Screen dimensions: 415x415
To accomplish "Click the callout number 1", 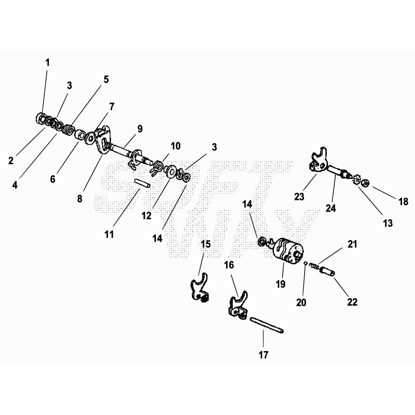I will point(47,63).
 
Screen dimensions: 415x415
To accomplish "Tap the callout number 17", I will point(263,355).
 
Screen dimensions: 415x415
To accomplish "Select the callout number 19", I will point(281,284).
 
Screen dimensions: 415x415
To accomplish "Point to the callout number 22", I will point(352,302).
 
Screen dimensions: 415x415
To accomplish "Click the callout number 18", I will point(403,201).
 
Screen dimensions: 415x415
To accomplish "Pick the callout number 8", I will point(80,199).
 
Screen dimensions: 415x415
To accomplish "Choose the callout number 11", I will point(109,234).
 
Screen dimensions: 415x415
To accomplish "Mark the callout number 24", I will point(331,208).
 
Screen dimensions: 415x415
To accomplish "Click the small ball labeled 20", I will point(306,264).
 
